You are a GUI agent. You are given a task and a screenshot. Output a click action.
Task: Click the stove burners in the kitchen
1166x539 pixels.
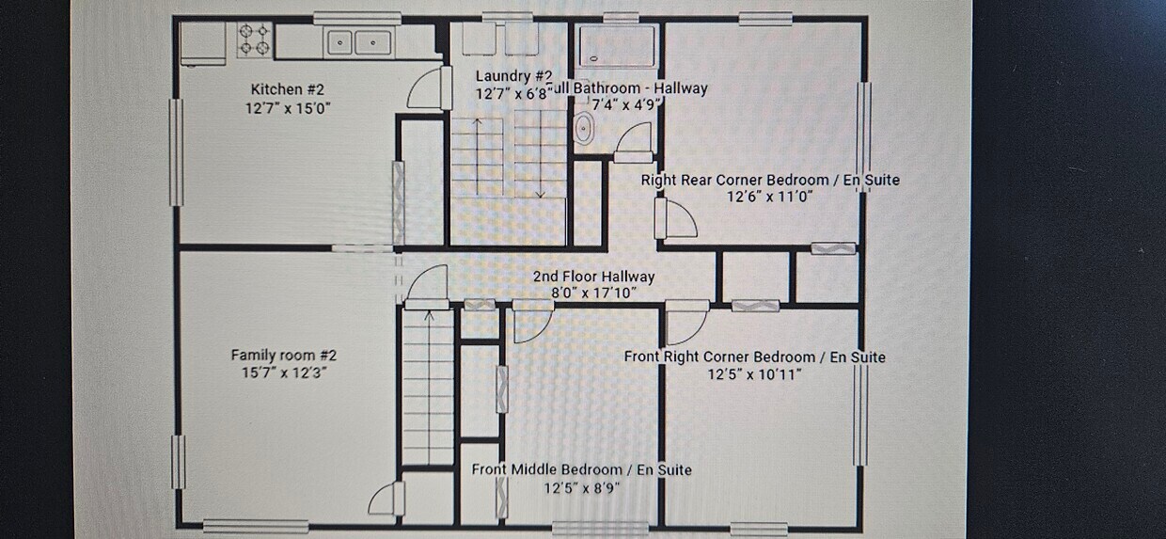pos(254,40)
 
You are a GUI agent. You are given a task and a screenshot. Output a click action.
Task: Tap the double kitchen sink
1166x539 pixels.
pos(357,41)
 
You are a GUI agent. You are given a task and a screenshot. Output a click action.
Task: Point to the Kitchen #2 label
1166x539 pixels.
pos(287,89)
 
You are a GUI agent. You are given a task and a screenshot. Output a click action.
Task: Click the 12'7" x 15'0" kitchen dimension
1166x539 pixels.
pos(287,108)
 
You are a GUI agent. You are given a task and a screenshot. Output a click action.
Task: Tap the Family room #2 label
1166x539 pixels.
pos(283,356)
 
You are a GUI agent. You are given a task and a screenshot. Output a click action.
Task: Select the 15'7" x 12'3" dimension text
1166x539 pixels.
pos(283,373)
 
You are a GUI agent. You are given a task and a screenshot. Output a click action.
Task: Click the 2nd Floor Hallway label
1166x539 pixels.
pos(593,277)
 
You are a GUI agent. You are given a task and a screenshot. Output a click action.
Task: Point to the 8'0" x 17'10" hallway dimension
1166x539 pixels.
pos(593,293)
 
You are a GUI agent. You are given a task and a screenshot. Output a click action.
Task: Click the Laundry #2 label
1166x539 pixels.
pos(513,76)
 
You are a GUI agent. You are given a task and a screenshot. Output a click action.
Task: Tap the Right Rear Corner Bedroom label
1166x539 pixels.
pos(769,180)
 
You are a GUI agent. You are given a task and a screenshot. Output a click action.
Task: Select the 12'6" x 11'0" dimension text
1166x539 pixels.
pos(769,197)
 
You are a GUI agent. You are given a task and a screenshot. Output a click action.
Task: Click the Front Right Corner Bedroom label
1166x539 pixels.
pos(754,357)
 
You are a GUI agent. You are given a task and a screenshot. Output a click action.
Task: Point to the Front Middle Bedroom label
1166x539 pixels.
pos(581,469)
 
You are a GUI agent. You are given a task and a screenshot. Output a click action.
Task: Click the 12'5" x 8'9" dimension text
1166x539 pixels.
pos(581,487)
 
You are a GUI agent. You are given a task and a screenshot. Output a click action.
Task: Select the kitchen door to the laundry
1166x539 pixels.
pos(425,88)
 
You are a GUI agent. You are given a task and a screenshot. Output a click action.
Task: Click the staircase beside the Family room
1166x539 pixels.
pos(428,386)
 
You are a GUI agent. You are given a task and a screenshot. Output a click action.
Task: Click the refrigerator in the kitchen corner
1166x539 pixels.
pos(203,43)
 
